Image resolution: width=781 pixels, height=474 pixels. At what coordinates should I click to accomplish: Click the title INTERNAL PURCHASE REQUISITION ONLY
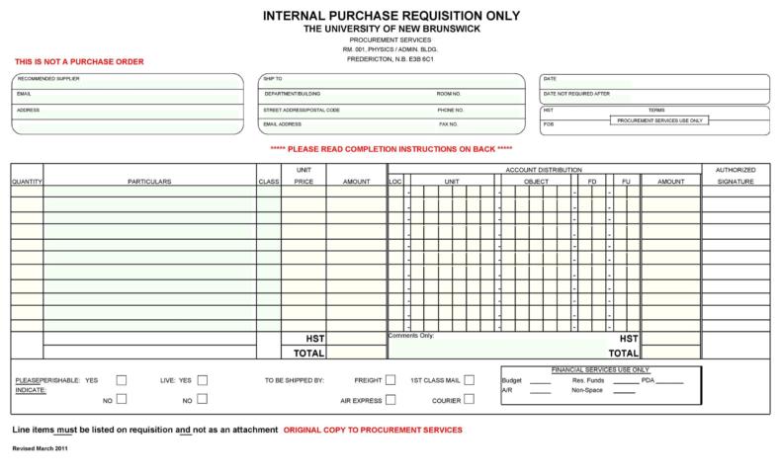390,16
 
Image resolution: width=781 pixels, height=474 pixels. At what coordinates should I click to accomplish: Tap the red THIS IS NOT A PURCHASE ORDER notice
79,62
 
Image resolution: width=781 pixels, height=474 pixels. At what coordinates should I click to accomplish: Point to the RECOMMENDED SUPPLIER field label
48,78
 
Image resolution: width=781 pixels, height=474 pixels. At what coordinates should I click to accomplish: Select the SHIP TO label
273,78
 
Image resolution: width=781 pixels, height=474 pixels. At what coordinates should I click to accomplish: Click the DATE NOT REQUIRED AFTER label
575,94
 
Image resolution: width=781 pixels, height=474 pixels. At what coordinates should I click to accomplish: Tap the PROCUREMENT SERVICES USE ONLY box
659,120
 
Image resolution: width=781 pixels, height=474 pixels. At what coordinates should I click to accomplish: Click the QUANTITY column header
27,182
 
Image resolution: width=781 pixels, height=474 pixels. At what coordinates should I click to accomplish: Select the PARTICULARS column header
149,182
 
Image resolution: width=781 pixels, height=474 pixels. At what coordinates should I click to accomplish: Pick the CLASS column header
268,182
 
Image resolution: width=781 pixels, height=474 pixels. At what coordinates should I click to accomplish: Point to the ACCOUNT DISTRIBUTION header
544,170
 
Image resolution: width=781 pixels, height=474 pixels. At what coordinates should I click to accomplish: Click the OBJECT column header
535,182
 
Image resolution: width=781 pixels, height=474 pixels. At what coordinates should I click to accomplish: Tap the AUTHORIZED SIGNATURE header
735,176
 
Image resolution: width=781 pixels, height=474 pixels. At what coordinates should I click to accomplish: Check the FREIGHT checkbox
390,379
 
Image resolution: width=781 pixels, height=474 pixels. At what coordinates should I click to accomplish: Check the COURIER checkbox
469,400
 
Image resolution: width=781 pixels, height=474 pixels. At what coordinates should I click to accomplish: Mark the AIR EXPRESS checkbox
390,400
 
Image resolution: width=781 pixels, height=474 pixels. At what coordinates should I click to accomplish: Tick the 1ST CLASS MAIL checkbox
469,379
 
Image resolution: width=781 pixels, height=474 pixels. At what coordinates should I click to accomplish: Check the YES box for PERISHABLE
122,379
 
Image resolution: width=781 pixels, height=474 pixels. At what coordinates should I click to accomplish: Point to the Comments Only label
410,336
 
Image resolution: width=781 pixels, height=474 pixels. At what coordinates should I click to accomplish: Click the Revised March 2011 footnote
40,449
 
